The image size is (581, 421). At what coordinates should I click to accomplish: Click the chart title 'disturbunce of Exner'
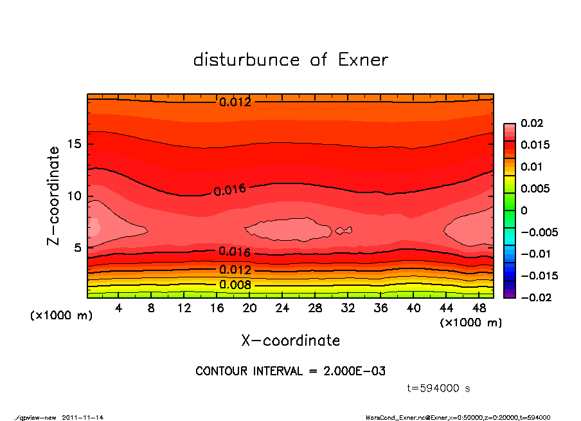coord(290,60)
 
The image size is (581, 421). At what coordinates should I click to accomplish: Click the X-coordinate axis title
coord(290,340)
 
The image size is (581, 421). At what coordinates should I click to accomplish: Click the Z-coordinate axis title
coord(54,196)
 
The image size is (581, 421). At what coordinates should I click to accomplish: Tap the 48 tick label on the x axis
coord(479,308)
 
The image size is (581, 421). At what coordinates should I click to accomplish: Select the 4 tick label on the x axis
coord(119,308)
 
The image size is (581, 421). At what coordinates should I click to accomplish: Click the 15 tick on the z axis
coord(74,144)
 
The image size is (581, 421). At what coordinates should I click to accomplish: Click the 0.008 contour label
coord(235,285)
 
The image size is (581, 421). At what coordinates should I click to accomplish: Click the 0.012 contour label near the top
coord(235,102)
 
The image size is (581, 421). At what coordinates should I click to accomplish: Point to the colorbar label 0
coord(524,210)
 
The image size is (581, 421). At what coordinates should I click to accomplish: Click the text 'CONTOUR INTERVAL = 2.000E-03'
coord(290,371)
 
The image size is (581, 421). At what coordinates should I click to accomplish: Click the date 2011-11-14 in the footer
coord(83,417)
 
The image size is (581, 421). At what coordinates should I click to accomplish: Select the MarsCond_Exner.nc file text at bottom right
coord(458,417)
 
